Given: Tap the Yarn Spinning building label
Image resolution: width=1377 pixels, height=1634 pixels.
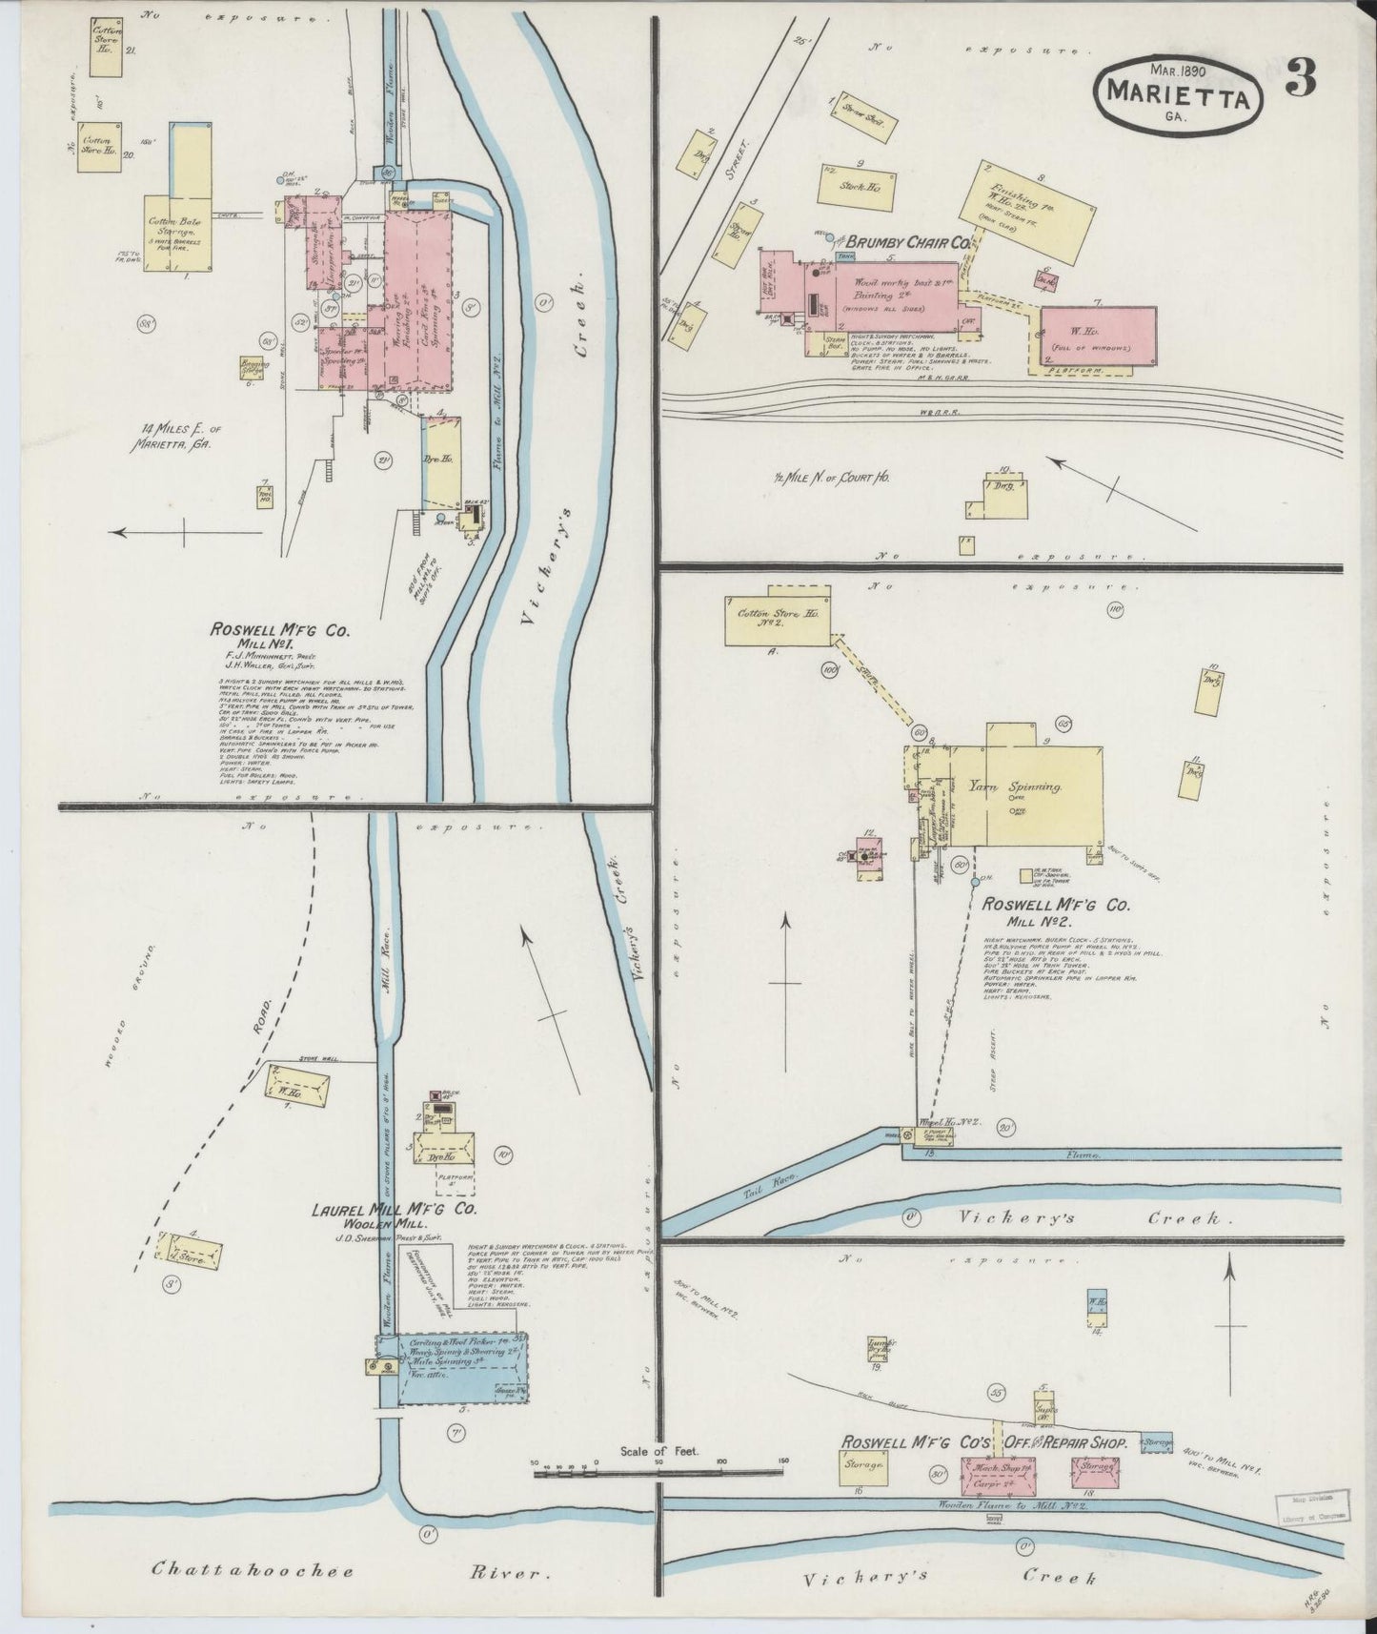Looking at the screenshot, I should click(x=1015, y=787).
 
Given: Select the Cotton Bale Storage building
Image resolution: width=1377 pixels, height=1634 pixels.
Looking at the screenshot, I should click(x=176, y=233).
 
